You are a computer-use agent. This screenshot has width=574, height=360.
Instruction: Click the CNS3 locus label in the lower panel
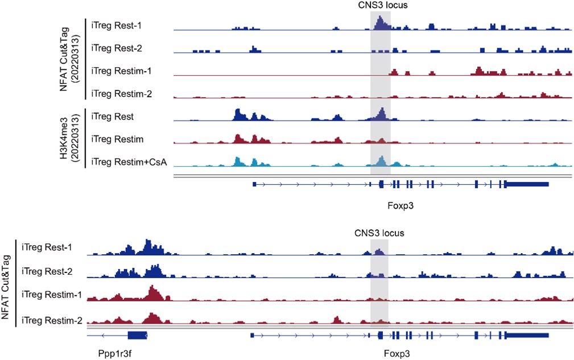(x=379, y=233)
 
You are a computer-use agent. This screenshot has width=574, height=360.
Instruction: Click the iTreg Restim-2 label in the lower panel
(x=51, y=320)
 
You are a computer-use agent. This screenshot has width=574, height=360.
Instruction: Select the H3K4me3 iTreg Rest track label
(x=112, y=117)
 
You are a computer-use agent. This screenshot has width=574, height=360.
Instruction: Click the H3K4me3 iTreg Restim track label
(x=116, y=139)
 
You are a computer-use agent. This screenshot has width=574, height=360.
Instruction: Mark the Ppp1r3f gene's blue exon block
(x=137, y=335)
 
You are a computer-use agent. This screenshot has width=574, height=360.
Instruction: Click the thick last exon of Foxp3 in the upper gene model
(x=527, y=184)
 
